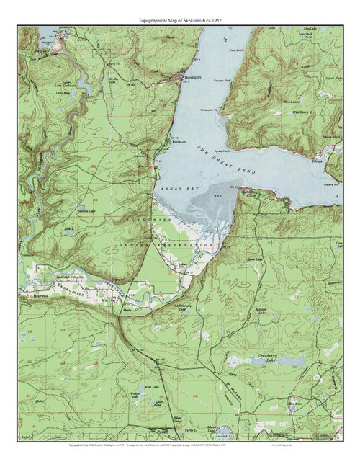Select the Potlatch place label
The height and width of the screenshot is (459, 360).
tap(179, 143)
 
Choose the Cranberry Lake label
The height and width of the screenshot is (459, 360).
tap(261, 357)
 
